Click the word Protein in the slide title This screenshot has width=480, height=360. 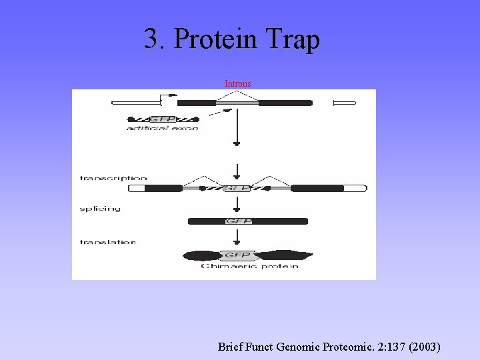coord(215,39)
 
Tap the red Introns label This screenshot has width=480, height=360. coord(238,83)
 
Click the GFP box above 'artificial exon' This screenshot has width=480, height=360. coord(162,119)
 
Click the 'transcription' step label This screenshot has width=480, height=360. coord(113,178)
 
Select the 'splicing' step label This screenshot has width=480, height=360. coord(100,209)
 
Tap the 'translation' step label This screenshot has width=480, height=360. coord(108,242)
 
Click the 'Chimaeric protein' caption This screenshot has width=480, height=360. coord(250,267)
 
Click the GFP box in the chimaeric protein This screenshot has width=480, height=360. coord(237,255)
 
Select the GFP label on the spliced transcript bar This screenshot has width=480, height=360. coord(238,221)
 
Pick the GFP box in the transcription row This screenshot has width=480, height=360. coord(237,189)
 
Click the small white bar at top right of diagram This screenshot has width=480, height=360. coord(345,103)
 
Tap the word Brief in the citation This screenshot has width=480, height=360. coord(232,347)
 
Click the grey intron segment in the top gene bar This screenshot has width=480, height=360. coord(237,103)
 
